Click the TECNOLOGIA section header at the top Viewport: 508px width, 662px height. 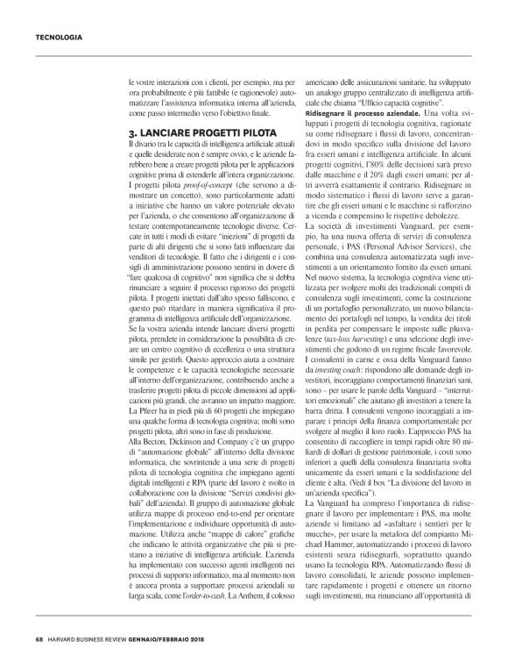[x=58, y=38]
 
